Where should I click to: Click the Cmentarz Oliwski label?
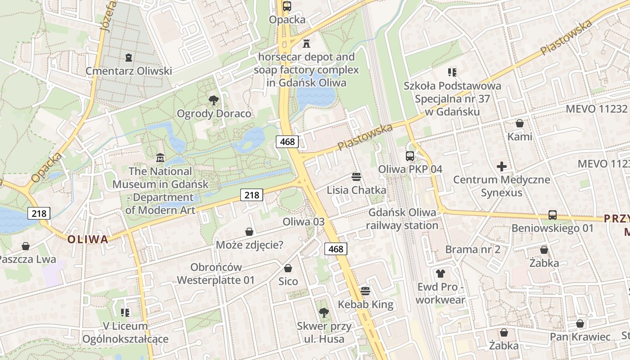tap(129, 71)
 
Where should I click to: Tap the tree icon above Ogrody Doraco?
tap(214, 100)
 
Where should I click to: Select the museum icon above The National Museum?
tap(160, 158)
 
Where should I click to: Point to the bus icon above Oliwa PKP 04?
tap(410, 156)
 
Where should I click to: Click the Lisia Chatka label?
tap(356, 190)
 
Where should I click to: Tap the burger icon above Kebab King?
tap(365, 291)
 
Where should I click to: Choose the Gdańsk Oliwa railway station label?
tap(403, 219)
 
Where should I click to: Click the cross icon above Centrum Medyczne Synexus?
tap(502, 167)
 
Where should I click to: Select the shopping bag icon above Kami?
tap(520, 123)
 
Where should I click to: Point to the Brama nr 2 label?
tap(472, 249)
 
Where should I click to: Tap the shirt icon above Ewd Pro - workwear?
tap(441, 273)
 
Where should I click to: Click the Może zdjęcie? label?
tap(250, 245)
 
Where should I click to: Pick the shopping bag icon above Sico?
tap(288, 268)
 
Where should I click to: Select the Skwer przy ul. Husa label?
tap(324, 332)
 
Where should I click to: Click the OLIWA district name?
tap(88, 239)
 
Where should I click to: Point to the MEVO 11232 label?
tap(596, 108)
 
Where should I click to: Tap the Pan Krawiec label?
tap(580, 337)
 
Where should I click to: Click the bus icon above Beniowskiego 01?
tap(553, 215)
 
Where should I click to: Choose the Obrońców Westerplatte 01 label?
tap(216, 274)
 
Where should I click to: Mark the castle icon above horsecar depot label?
tap(306, 43)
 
